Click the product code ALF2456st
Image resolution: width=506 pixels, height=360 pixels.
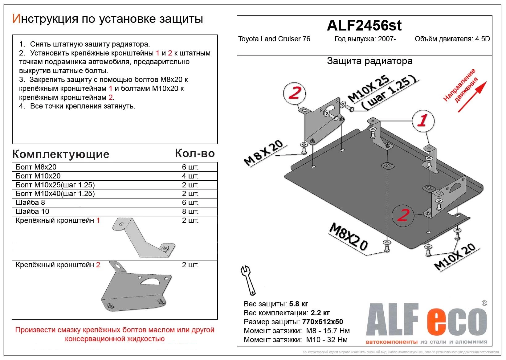[x=364, y=25]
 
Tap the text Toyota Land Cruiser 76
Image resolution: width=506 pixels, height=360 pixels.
[x=274, y=39]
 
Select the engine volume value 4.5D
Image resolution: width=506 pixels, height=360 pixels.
[x=483, y=39]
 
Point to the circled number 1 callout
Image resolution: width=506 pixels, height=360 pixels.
[x=423, y=121]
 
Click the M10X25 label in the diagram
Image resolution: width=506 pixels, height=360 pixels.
[x=369, y=88]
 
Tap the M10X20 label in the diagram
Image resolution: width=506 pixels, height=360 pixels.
[x=455, y=257]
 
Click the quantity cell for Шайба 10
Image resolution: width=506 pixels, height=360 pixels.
[x=190, y=211]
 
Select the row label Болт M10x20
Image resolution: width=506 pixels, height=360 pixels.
[x=38, y=176]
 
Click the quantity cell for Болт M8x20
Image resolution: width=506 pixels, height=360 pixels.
[x=190, y=167]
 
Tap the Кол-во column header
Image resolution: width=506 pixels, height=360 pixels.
[x=194, y=153]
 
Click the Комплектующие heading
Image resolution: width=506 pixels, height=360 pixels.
[x=61, y=154]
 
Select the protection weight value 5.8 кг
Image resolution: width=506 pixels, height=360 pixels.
[x=299, y=304]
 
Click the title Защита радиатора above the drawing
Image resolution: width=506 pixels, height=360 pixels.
[x=369, y=61]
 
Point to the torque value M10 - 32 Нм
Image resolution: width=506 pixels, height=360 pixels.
[x=327, y=340]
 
